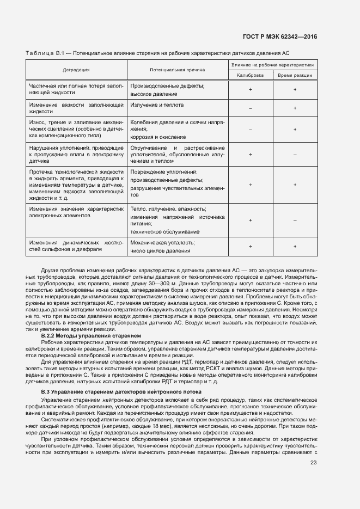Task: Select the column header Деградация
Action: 76,70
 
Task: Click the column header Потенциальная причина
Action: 178,70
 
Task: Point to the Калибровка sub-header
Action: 250,75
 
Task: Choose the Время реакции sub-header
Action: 295,75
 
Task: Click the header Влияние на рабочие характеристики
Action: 273,65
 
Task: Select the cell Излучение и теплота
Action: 157,105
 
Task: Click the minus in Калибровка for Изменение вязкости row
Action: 250,108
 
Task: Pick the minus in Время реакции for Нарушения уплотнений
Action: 295,155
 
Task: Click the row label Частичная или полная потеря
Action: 76,89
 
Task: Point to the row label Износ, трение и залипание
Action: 76,130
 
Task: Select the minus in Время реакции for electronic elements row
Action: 295,220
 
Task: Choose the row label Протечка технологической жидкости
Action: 76,185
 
